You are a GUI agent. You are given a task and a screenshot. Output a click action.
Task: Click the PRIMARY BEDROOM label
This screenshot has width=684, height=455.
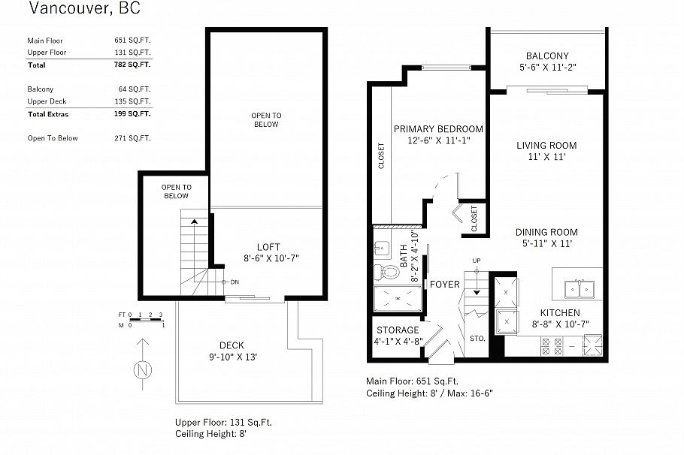437,129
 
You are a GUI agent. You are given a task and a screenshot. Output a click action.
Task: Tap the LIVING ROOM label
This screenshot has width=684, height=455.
546,146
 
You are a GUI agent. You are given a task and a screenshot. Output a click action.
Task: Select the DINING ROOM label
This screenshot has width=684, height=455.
546,232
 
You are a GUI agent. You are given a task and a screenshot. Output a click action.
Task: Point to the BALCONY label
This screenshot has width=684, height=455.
546,56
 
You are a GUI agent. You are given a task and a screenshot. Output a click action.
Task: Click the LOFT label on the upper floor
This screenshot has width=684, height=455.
268,246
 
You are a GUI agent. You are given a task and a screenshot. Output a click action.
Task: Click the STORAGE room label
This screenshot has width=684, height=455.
398,330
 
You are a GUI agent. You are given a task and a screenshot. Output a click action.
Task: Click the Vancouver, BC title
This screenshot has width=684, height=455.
83,10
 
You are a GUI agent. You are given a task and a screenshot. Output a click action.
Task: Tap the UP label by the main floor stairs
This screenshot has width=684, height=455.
476,261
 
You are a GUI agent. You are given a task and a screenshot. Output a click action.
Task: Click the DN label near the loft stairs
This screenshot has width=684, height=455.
235,282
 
